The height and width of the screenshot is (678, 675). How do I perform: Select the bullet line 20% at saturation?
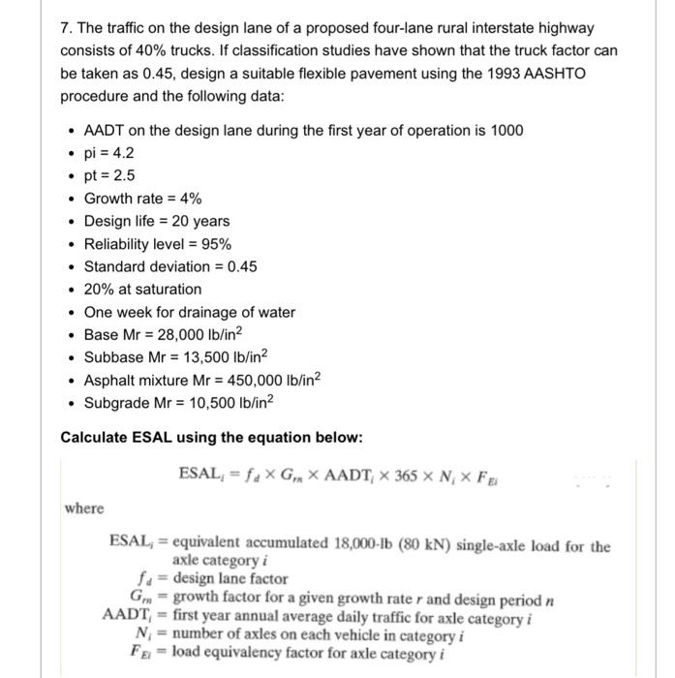click(x=142, y=290)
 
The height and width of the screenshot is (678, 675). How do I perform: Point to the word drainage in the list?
click(x=204, y=312)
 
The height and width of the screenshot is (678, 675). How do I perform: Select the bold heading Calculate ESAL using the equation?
click(x=211, y=438)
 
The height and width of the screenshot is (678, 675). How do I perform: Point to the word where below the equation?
click(x=84, y=508)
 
